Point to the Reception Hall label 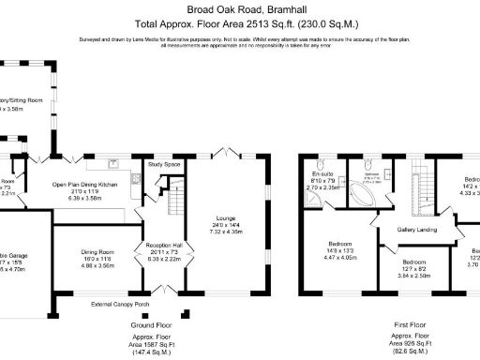pyautogui.click(x=156, y=247)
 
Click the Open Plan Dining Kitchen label pyautogui.click(x=86, y=185)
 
